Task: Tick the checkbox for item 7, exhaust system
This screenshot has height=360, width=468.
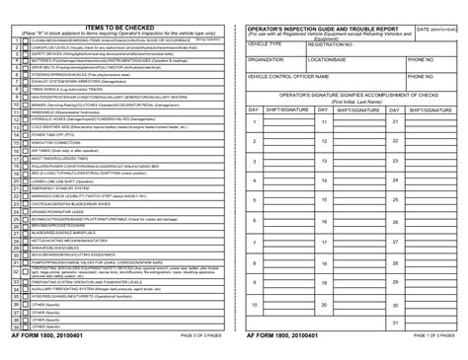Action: (25, 84)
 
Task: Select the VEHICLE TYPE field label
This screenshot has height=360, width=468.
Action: (265, 45)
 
